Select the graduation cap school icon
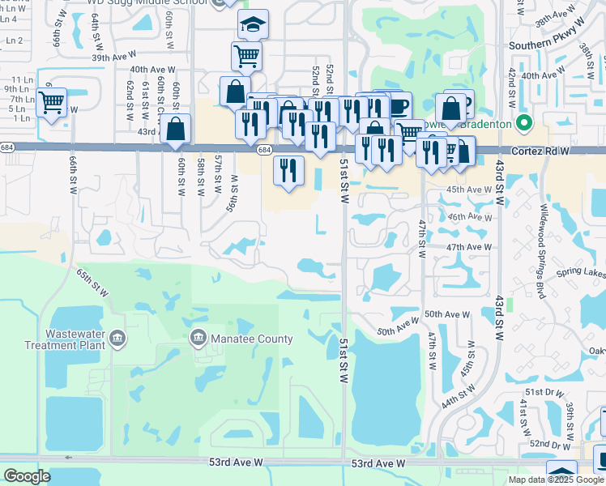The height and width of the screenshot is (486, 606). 253,26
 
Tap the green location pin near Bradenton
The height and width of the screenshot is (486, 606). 523,124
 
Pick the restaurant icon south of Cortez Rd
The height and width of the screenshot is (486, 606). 288,171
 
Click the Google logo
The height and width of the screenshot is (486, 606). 27,476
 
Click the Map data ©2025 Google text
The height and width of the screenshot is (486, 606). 556,480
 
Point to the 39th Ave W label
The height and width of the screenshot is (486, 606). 111,58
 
